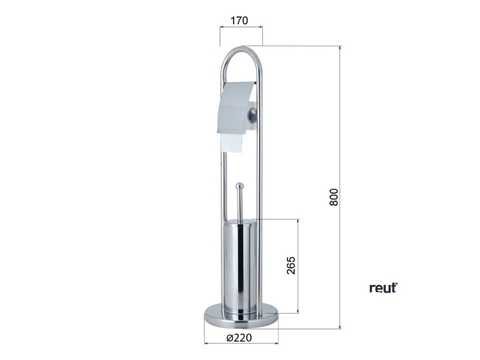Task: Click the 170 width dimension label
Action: point(239,20)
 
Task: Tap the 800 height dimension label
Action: point(334,197)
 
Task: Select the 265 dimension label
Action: point(291,265)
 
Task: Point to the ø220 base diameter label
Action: point(239,338)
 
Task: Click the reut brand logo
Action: point(383,288)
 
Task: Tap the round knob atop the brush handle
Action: point(240,186)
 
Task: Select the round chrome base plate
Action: point(241,316)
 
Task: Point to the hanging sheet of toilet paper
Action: point(231,143)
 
